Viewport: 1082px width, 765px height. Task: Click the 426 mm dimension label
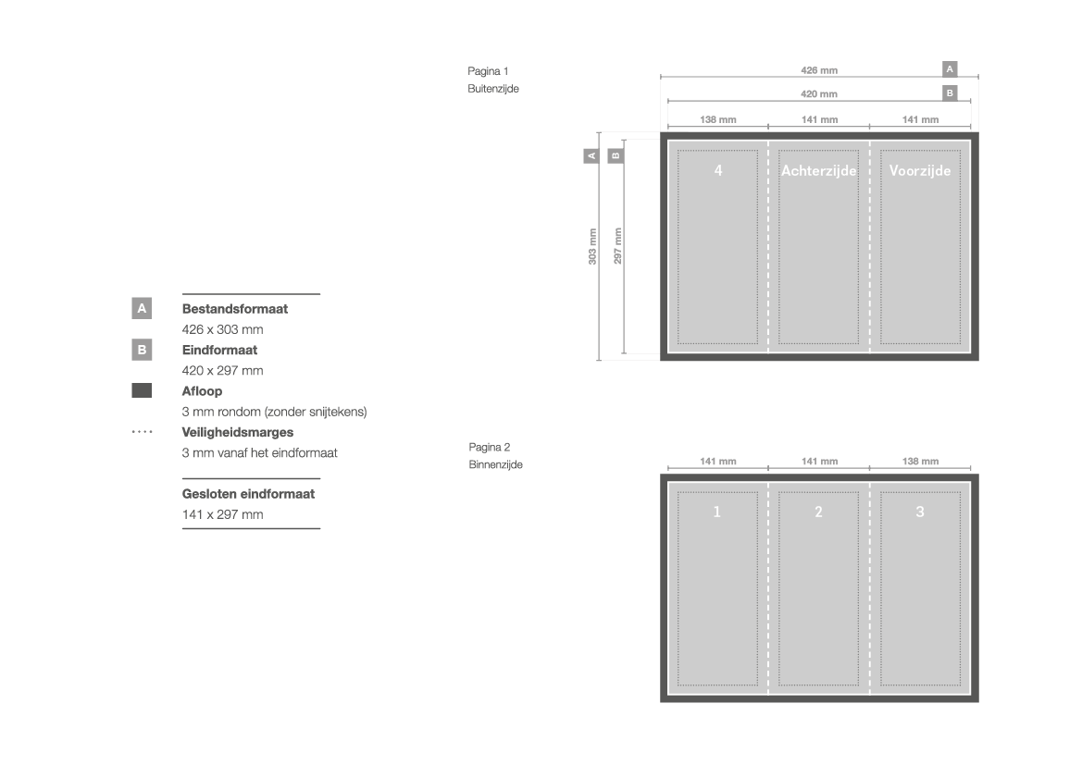click(819, 70)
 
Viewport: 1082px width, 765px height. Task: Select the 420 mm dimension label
click(819, 93)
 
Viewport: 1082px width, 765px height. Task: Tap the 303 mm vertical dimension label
click(592, 246)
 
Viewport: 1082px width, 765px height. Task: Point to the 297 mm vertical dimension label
click(617, 245)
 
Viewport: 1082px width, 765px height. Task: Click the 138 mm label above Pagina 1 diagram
click(717, 119)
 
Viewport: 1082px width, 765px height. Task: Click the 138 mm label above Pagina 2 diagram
click(921, 461)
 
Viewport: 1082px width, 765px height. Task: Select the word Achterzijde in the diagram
click(818, 171)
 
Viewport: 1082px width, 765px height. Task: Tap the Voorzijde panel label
click(920, 170)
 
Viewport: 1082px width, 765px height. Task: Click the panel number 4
click(718, 170)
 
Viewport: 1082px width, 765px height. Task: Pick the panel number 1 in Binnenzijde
click(717, 512)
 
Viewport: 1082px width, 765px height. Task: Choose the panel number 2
click(818, 512)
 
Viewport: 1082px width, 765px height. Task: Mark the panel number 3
click(920, 512)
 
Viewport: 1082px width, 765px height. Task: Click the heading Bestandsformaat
click(234, 309)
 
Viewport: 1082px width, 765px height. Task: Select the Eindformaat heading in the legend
click(219, 350)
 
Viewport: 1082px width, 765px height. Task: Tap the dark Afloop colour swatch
click(142, 390)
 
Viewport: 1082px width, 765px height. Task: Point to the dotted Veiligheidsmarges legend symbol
click(143, 432)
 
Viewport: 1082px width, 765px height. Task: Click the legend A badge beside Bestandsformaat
click(142, 308)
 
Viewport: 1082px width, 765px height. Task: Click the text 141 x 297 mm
click(223, 514)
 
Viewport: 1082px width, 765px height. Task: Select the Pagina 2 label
click(490, 447)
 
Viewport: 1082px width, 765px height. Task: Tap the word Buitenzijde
click(493, 88)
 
